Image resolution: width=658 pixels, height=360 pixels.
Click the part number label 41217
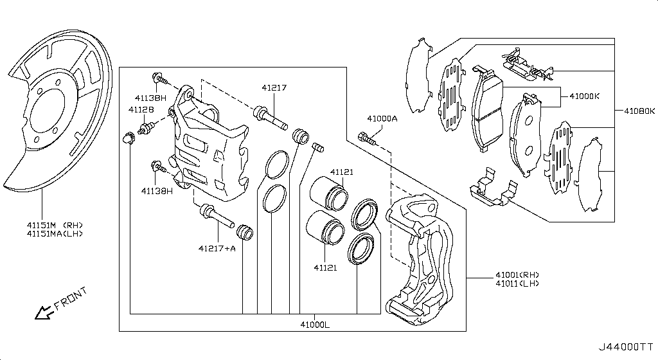[x=274, y=87]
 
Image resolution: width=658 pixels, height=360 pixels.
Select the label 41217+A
[x=217, y=248]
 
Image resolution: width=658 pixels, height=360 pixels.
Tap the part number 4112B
[x=141, y=109]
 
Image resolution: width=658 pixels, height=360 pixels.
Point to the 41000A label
[x=382, y=119]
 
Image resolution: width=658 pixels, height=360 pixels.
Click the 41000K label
[x=585, y=96]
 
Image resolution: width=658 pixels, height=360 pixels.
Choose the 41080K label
[x=639, y=111]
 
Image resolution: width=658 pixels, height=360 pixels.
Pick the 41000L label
[x=315, y=325]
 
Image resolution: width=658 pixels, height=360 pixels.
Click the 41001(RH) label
[x=517, y=275]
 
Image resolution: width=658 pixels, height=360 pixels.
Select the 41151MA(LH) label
[x=55, y=234]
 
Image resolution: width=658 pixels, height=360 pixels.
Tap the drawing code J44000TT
[x=626, y=347]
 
